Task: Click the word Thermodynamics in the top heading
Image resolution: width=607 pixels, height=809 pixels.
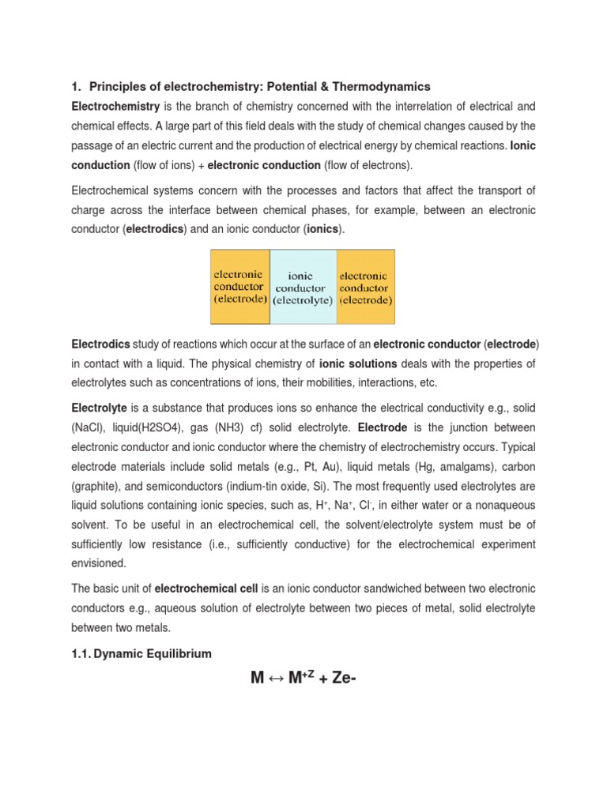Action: point(383,86)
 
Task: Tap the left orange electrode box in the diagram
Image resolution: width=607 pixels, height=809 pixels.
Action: point(240,288)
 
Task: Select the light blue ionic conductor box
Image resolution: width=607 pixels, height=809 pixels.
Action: point(303,288)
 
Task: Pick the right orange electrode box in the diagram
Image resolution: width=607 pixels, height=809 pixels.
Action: point(365,288)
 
